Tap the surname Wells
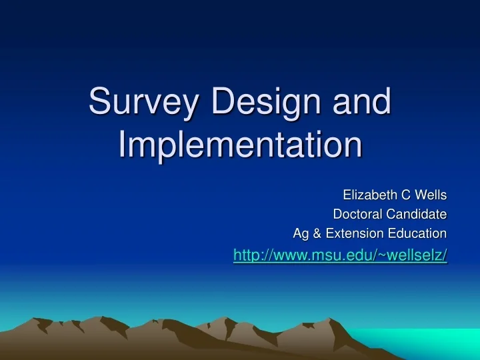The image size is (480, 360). tap(431, 195)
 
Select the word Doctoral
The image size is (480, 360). tap(357, 214)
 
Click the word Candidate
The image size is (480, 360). tap(415, 214)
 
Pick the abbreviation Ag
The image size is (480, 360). tap(300, 233)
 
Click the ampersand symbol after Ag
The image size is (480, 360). tap(316, 233)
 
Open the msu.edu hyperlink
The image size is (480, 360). tap(340, 255)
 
